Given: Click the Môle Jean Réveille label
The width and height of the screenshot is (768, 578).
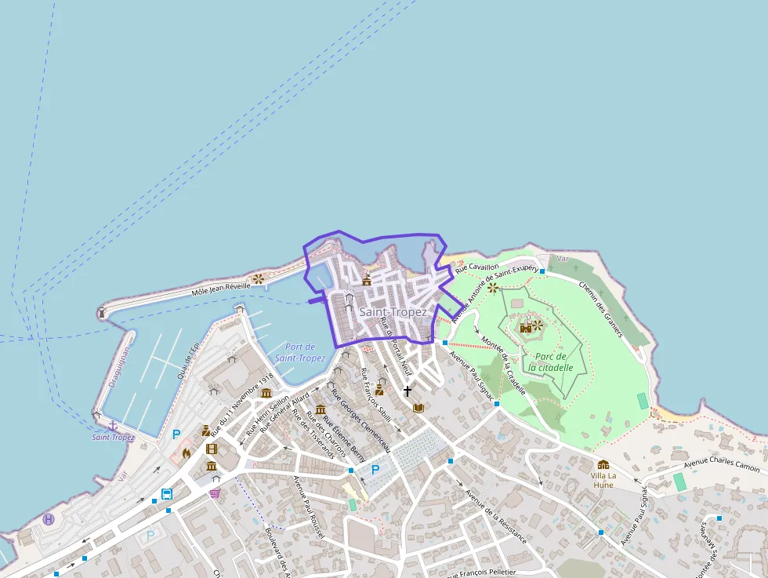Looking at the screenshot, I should [x=222, y=289].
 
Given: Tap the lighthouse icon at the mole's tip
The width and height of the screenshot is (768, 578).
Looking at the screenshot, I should [x=101, y=312].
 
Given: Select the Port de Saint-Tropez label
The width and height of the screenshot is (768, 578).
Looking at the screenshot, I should [x=300, y=353].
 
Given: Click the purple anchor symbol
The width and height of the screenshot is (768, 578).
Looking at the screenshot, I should [x=113, y=425].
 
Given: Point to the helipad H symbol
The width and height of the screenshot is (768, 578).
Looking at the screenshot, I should [x=49, y=519].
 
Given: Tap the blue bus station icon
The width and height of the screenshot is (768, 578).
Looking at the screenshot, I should [x=167, y=494].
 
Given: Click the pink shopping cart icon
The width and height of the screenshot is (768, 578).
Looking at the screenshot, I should [x=214, y=493].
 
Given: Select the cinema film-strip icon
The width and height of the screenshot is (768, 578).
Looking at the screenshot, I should [x=211, y=449].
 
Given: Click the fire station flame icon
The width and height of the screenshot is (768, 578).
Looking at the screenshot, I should [x=187, y=453].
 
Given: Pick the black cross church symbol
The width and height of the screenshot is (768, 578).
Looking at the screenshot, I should [x=407, y=391].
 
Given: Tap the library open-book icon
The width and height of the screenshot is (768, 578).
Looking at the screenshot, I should [x=418, y=408].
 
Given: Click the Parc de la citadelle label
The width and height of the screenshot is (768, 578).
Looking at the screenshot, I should [x=550, y=362].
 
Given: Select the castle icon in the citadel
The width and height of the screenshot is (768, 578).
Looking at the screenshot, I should [x=526, y=327].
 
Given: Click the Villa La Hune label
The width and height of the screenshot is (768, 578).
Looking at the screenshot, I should [x=603, y=480].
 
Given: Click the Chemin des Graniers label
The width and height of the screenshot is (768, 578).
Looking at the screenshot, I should [x=600, y=308].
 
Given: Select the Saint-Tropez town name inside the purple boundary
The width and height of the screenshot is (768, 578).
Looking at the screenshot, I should [x=393, y=312].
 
